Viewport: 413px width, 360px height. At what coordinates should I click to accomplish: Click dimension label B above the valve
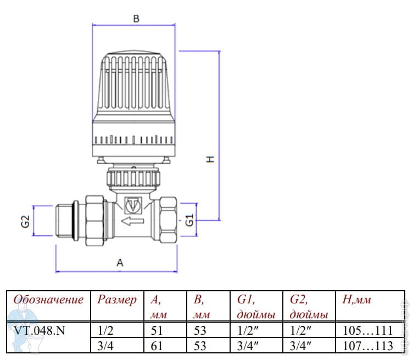(137, 19)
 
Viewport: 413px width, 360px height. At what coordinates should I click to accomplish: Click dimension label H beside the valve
(209, 159)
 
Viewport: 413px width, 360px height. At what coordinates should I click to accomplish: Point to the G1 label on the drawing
(189, 221)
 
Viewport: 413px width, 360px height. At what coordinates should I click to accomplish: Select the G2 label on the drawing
(25, 222)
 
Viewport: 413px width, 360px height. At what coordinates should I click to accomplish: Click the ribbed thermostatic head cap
(135, 82)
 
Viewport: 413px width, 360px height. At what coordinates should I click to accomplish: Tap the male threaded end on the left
(68, 221)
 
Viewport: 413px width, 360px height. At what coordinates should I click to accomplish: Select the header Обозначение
(49, 300)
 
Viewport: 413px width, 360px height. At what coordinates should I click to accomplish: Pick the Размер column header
(116, 300)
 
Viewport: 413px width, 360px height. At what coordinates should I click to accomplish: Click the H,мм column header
(356, 300)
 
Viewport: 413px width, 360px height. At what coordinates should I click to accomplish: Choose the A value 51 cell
(157, 331)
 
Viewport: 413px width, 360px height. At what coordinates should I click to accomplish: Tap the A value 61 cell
(157, 347)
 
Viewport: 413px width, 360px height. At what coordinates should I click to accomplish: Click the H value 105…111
(364, 331)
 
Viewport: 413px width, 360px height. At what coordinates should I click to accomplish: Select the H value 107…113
(364, 347)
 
